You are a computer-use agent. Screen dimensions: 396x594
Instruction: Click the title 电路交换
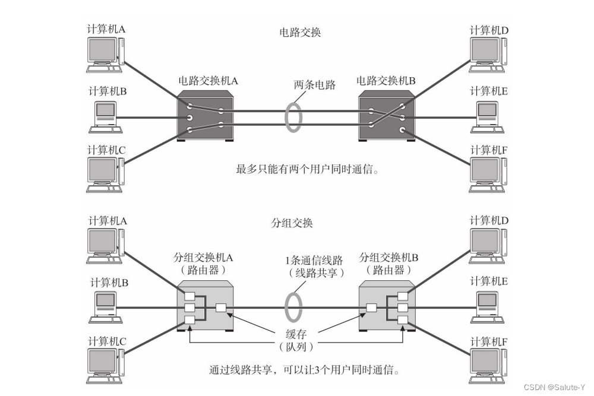point(300,33)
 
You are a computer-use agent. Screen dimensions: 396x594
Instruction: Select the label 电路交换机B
point(386,80)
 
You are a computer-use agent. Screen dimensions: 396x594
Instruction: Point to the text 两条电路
point(315,85)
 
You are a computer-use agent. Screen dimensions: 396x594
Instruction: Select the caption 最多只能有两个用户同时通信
point(308,170)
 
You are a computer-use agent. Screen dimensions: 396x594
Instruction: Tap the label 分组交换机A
point(203,259)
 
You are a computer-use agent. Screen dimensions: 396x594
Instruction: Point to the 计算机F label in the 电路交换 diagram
point(489,150)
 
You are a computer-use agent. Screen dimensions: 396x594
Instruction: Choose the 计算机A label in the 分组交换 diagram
point(108,220)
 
